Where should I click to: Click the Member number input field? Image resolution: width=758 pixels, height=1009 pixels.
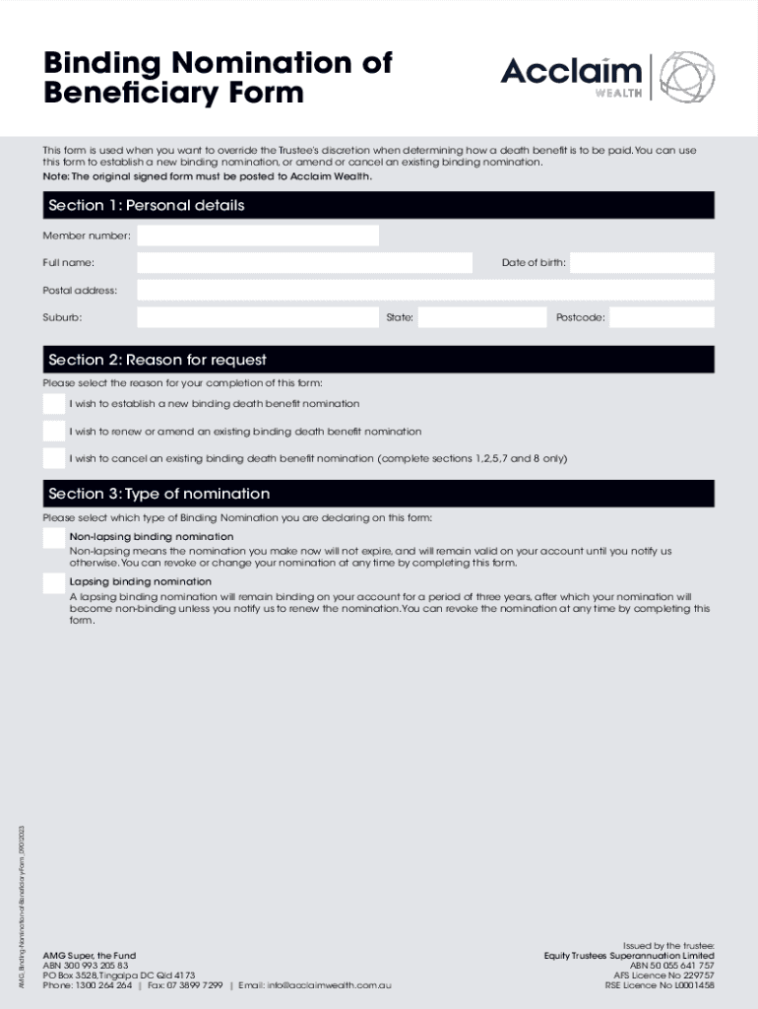pos(257,235)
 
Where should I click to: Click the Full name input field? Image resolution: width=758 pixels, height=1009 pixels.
pos(304,263)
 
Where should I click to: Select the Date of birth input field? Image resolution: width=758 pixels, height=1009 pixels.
pos(642,263)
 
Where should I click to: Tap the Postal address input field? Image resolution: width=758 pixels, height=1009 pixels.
pos(425,290)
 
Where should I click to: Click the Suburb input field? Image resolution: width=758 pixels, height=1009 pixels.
pos(258,317)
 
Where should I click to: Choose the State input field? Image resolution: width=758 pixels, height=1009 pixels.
pos(481,317)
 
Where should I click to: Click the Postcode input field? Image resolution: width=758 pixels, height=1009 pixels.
pos(662,317)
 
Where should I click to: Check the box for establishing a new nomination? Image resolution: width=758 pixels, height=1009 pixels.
pos(54,404)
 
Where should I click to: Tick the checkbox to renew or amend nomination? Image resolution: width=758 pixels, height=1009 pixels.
pos(54,432)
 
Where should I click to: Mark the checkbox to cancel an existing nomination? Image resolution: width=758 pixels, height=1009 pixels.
pos(54,458)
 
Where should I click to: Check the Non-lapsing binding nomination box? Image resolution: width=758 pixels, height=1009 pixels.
pos(54,538)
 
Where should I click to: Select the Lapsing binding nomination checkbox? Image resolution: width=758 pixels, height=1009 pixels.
pos(54,583)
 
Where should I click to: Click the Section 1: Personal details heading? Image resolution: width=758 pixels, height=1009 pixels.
pos(146,205)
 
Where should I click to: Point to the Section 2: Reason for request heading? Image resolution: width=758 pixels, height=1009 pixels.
pos(158,360)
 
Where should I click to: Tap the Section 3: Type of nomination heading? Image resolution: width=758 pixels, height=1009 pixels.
pos(158,494)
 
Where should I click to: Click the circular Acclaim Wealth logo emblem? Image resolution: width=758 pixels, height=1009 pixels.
pos(686,77)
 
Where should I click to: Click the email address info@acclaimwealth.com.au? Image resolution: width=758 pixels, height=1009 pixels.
pos(329,985)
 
